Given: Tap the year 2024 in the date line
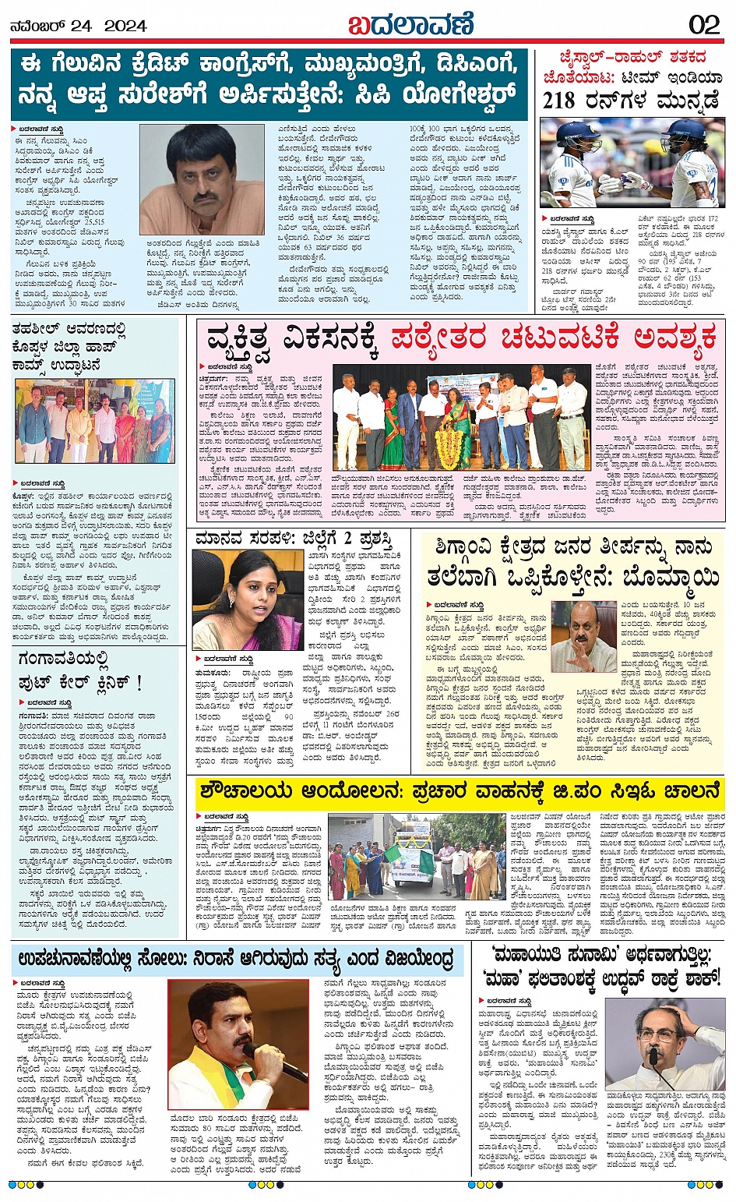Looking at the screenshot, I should pyautogui.click(x=125, y=26).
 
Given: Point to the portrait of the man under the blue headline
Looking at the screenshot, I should pyautogui.click(x=202, y=179).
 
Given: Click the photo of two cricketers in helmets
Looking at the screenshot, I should pyautogui.click(x=632, y=162).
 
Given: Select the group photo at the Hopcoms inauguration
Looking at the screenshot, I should pyautogui.click(x=94, y=422).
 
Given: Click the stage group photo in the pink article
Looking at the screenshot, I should pyautogui.click(x=461, y=419).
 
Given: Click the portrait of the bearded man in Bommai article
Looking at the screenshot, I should pyautogui.click(x=583, y=636).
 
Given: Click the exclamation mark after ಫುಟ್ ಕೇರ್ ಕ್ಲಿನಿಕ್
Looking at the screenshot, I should pyautogui.click(x=139, y=683).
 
